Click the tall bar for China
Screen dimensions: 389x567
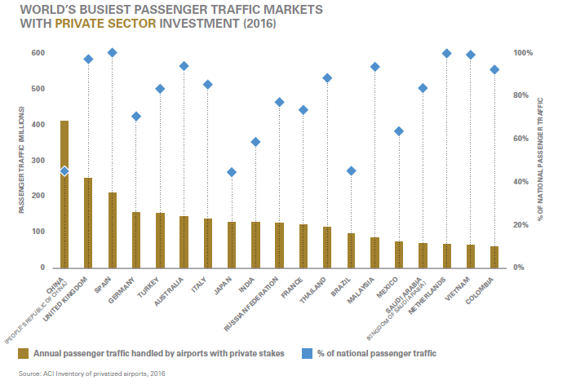(64, 196)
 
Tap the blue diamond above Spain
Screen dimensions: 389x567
(113, 53)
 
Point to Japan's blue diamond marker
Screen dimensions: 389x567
(232, 172)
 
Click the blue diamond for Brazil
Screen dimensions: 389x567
(352, 171)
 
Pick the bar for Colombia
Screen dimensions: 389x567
(494, 257)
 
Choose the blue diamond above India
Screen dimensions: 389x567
(255, 142)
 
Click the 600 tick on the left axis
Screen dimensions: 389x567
(38, 53)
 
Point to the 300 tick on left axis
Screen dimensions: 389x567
(38, 161)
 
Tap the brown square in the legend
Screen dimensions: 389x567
(24, 353)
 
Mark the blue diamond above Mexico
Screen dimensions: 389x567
(399, 131)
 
